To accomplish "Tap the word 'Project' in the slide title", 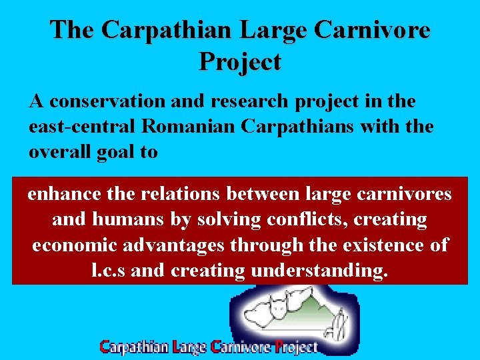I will point(240,62).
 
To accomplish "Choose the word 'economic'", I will point(75,245).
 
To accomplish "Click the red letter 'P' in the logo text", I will point(281,347).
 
